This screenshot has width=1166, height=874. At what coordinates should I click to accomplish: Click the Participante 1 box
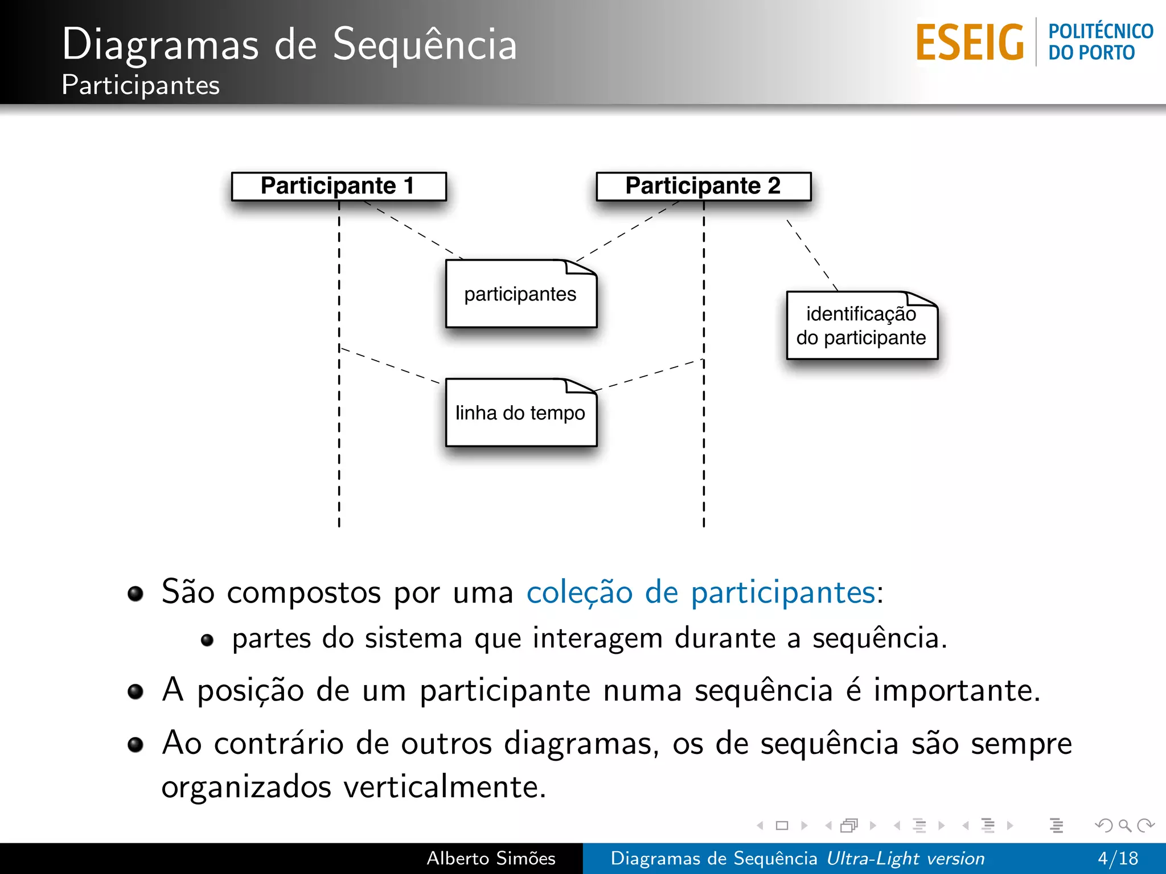click(x=339, y=186)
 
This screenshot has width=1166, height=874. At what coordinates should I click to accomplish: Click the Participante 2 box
click(x=703, y=186)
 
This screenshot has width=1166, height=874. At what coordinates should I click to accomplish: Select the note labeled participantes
click(x=520, y=294)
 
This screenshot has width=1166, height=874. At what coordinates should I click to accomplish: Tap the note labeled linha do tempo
click(x=520, y=413)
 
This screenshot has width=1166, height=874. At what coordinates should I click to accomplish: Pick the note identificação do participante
click(x=861, y=326)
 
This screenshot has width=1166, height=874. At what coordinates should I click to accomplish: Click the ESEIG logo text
click(x=970, y=43)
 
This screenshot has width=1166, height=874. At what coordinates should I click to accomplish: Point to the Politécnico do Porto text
click(x=1100, y=42)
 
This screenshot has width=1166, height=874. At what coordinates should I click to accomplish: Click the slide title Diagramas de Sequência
click(x=289, y=44)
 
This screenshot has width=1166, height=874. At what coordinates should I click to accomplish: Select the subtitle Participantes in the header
click(x=140, y=85)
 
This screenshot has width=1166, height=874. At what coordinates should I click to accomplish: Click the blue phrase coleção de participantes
click(x=700, y=592)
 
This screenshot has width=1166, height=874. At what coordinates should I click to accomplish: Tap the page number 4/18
click(x=1118, y=858)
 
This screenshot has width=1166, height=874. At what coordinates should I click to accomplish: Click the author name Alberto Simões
click(x=491, y=858)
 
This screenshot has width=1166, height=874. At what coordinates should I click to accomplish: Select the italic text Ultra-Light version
click(x=905, y=858)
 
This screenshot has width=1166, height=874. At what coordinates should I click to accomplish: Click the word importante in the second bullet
click(x=956, y=691)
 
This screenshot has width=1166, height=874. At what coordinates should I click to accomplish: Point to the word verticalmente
click(x=444, y=788)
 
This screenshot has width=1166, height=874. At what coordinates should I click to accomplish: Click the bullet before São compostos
click(x=136, y=594)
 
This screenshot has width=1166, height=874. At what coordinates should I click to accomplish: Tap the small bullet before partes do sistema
click(x=207, y=640)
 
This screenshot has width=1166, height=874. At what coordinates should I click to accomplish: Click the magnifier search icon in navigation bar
click(x=1124, y=825)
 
